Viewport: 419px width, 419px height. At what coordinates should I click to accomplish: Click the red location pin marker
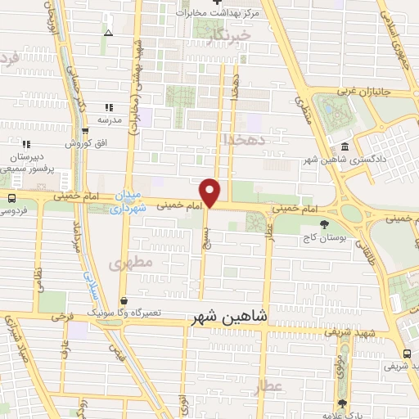pyautogui.click(x=210, y=191)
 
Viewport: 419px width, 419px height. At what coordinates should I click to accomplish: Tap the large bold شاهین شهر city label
pyautogui.click(x=231, y=318)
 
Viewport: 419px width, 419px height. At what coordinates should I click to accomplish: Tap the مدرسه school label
pyautogui.click(x=110, y=119)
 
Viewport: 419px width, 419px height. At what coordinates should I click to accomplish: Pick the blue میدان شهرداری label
pyautogui.click(x=130, y=203)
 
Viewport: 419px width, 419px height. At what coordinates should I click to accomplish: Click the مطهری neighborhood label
pyautogui.click(x=124, y=265)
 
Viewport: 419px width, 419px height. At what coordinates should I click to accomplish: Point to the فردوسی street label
pyautogui.click(x=14, y=211)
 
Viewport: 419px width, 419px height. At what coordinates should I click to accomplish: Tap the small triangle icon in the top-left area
pyautogui.click(x=109, y=34)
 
